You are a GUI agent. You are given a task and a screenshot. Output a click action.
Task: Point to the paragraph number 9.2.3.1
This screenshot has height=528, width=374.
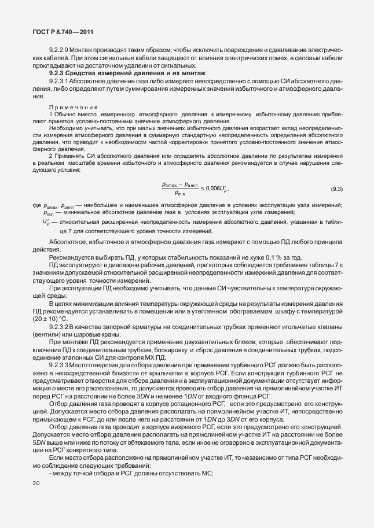62,82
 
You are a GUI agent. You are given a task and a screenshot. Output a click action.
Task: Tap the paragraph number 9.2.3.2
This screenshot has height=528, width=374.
62,327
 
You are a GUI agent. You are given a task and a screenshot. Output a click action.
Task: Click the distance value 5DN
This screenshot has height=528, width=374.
40,442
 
